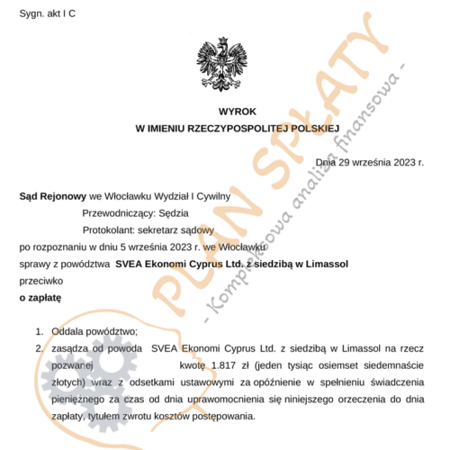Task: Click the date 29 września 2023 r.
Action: pyautogui.click(x=383, y=162)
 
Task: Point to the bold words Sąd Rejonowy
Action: pyautogui.click(x=51, y=195)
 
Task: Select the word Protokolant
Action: pyautogui.click(x=110, y=229)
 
